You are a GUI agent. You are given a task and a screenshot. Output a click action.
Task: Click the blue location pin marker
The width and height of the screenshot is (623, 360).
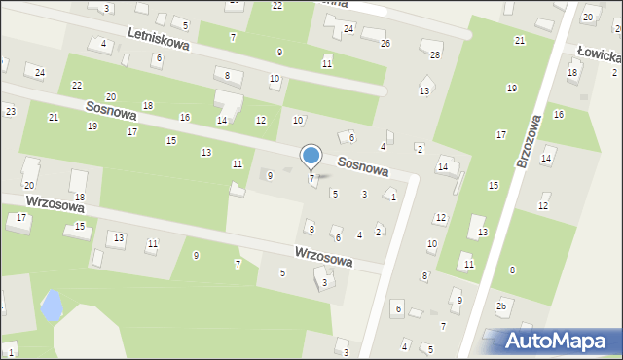pos(311,156)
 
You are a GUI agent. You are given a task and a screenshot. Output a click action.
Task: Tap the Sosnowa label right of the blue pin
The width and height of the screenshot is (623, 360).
pos(363,167)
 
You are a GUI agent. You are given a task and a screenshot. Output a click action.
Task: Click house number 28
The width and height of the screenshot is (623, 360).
pos(435,54)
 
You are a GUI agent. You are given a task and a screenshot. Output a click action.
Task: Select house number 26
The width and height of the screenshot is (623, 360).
pos(385,44)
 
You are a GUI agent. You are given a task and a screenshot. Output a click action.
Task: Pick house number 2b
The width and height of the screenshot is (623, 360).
pos(501,306)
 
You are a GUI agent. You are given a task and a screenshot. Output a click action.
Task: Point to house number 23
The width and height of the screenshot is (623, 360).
pos(10,112)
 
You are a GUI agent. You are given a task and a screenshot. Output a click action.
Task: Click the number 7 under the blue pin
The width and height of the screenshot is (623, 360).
pos(311,179)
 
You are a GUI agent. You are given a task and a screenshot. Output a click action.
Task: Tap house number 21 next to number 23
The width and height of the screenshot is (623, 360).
pos(54,118)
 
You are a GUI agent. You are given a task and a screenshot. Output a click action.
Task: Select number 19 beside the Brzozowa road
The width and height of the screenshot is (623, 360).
pos(511,89)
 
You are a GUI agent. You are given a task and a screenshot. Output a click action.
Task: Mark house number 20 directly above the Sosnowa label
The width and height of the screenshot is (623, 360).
pos(111,96)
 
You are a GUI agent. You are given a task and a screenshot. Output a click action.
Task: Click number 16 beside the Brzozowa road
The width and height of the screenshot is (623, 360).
pos(558,115)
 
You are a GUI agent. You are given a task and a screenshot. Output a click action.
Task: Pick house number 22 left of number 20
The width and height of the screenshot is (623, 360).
pos(77,86)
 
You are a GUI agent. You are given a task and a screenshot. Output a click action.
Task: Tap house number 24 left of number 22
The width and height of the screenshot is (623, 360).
pos(40,73)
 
